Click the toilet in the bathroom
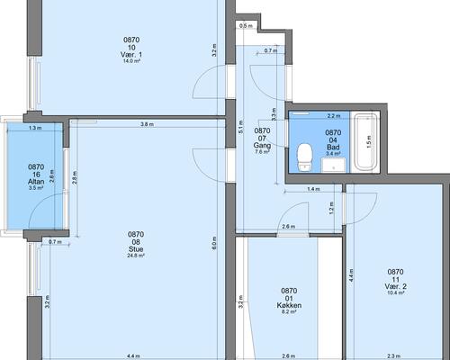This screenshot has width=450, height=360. coord(305,157)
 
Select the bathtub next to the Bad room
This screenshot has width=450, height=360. coord(365,141)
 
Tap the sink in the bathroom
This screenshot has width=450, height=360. coord(333,166)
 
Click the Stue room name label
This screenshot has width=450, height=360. coord(136,249)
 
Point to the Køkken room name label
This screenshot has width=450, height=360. coord(289,305)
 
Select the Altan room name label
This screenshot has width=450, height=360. coord(36,182)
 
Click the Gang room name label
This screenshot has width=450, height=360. coord(262,146)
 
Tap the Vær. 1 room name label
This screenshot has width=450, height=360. coord(131,55)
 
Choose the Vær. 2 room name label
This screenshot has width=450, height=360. coord(395,286)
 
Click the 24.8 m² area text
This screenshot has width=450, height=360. coord(136,256)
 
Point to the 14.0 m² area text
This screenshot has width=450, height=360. coord(131,61)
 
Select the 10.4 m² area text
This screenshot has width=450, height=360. coord(395,292)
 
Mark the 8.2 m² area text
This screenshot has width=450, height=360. coord(289,311)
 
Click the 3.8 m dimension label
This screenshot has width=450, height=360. coord(147,124)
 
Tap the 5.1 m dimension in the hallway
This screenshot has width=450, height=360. coord(241,127)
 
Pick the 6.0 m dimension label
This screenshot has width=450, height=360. coord(214,244)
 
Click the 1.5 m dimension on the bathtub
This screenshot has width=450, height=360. coord(369,141)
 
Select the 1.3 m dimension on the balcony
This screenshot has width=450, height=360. coord(35,128)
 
